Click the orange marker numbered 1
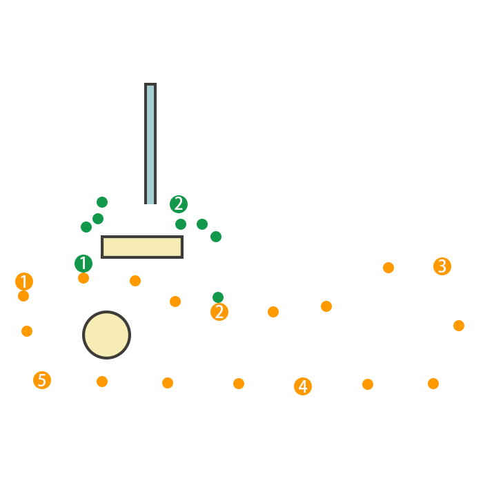tap(24, 282)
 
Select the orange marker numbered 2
tap(219, 312)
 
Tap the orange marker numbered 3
tap(442, 266)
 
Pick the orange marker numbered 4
tap(303, 386)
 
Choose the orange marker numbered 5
tap(42, 380)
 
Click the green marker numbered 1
tap(83, 264)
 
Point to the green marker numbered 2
tap(179, 204)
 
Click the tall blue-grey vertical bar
tap(150, 144)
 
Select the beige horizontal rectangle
tap(142, 247)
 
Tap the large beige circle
tap(107, 335)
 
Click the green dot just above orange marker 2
tap(218, 297)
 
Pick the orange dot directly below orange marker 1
tap(23, 296)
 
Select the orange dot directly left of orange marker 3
tap(388, 268)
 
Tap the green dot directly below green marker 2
tap(181, 224)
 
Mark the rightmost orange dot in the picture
tap(459, 326)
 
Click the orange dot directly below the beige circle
tap(102, 382)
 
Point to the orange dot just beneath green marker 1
tap(83, 278)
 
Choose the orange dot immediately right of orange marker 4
tap(368, 384)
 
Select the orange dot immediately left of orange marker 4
tap(239, 384)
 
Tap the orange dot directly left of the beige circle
tap(27, 331)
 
